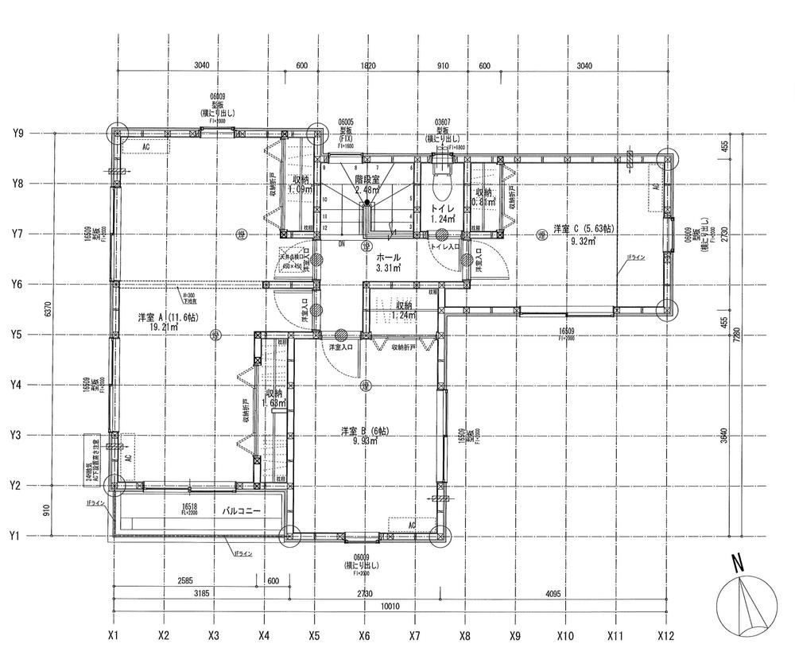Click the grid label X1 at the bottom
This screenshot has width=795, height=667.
pyautogui.click(x=113, y=635)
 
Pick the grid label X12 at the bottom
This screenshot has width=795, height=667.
pyautogui.click(x=666, y=635)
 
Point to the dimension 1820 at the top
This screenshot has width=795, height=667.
pyautogui.click(x=367, y=67)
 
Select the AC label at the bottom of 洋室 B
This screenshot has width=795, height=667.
pyautogui.click(x=412, y=525)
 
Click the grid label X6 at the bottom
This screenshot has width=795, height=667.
pyautogui.click(x=365, y=635)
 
